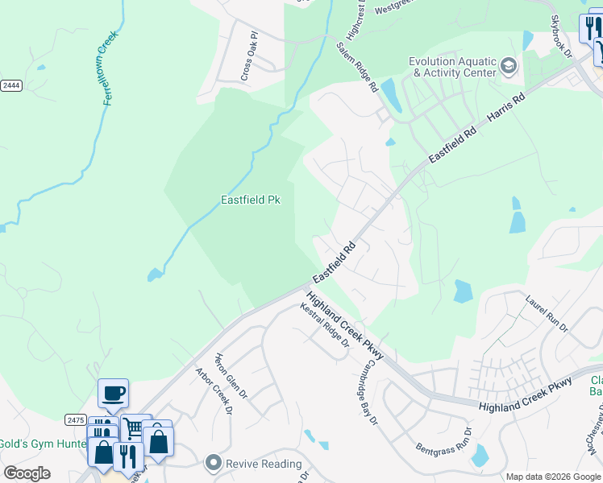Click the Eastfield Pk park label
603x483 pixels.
click(251, 200)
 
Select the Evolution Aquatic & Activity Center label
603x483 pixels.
click(452, 67)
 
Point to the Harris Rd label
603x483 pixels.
click(506, 112)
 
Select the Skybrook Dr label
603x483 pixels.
click(561, 36)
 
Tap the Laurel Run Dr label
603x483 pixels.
click(547, 314)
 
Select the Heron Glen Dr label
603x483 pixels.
click(230, 375)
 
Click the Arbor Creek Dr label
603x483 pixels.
click(214, 392)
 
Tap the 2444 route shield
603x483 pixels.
click(10, 85)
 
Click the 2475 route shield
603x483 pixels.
click(76, 419)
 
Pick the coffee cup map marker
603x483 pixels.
click(113, 393)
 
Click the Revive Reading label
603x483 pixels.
click(264, 464)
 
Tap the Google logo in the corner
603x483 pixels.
click(27, 473)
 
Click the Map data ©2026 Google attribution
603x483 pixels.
click(553, 477)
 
